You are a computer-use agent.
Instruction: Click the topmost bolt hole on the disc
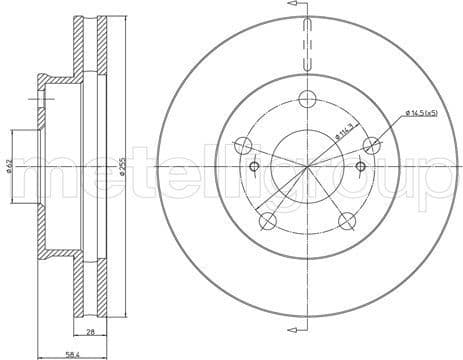click(307, 99)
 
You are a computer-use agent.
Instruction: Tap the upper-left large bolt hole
click(242, 146)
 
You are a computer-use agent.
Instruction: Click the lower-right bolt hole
click(347, 221)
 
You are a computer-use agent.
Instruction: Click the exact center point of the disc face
click(307, 166)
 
